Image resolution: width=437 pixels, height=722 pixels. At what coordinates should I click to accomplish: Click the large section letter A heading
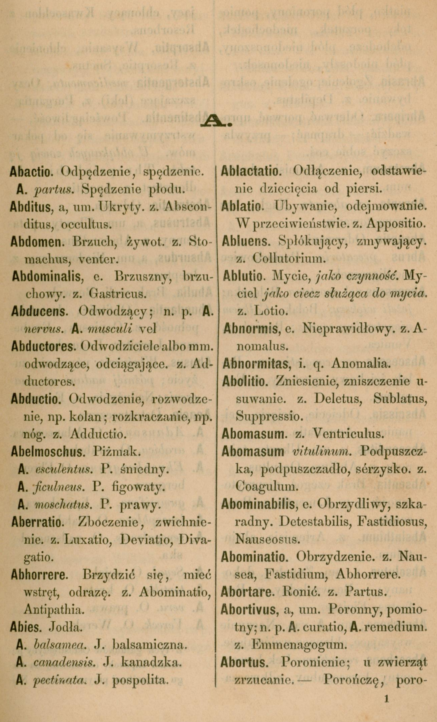216,121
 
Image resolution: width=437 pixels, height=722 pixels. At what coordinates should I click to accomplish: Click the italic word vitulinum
320,452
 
